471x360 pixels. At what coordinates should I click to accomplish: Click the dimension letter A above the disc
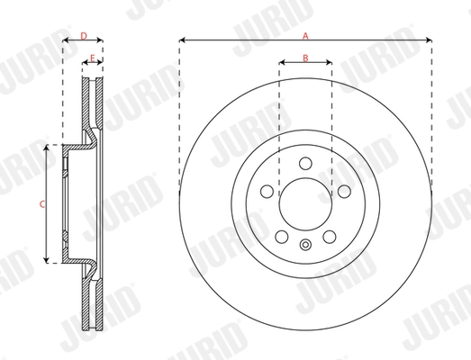coord(305,34)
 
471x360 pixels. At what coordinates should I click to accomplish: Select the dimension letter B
coord(305,58)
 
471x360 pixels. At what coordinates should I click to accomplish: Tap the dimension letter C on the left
coord(41,204)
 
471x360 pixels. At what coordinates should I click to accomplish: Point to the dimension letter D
coord(83,35)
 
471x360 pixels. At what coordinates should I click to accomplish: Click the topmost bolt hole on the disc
coord(305,163)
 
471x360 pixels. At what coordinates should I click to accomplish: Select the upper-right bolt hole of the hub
coord(343,191)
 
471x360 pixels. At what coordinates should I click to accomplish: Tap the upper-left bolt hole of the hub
coord(267,191)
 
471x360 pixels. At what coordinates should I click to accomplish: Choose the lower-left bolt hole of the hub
coord(282,236)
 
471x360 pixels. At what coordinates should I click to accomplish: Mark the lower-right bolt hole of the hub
coord(329,236)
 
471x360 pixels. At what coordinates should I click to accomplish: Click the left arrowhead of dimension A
coord(182,40)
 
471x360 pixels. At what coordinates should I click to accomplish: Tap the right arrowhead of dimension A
coord(429,40)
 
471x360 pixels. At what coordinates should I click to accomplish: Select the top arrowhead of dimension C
coord(47,147)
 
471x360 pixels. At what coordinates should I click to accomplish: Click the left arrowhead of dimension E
coord(86,64)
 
